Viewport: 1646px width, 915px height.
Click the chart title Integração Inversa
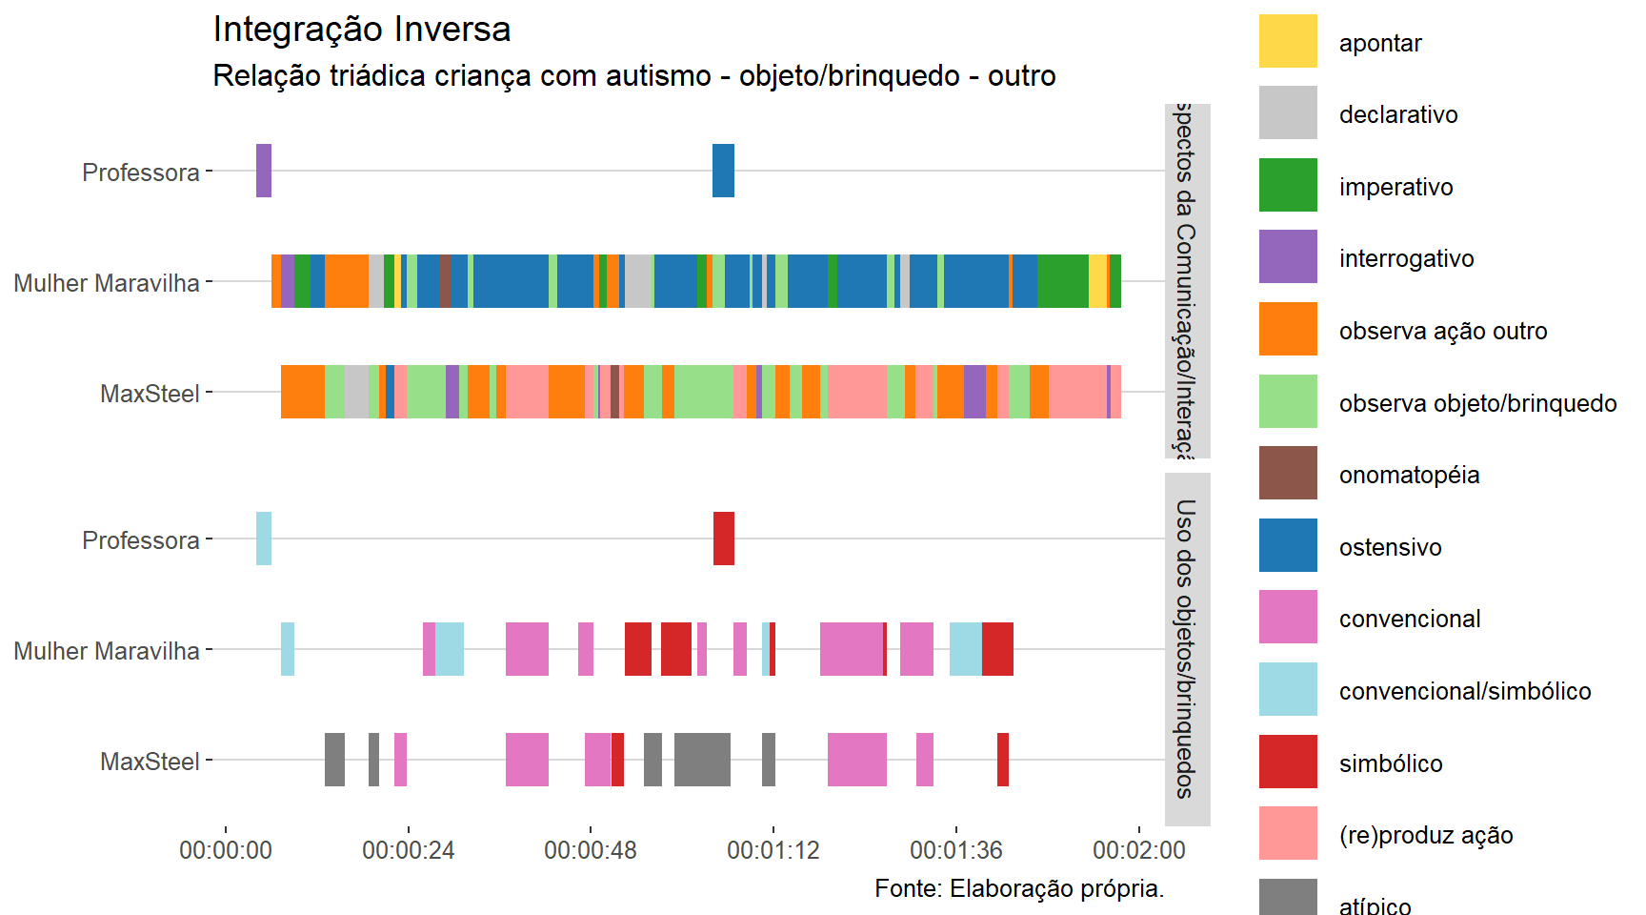pyautogui.click(x=362, y=30)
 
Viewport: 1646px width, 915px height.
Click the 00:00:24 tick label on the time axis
pyautogui.click(x=408, y=850)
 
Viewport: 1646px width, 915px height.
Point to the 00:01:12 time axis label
pyautogui.click(x=773, y=850)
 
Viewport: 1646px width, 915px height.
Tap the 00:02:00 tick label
pyautogui.click(x=1138, y=850)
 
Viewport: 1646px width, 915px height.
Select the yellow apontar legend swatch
pyautogui.click(x=1288, y=41)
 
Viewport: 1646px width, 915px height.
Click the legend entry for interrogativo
pyautogui.click(x=1406, y=258)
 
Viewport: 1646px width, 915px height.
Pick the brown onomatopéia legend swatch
pyautogui.click(x=1288, y=473)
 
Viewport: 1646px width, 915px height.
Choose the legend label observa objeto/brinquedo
pyautogui.click(x=1477, y=403)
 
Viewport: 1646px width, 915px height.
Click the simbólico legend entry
pyautogui.click(x=1390, y=763)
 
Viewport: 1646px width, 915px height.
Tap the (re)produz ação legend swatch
pyautogui.click(x=1288, y=833)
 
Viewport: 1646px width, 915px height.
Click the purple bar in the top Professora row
pyautogui.click(x=264, y=171)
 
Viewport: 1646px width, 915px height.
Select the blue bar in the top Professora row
pyautogui.click(x=723, y=171)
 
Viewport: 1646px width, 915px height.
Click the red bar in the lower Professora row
pyautogui.click(x=724, y=539)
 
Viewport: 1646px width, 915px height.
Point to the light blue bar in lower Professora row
pyautogui.click(x=264, y=539)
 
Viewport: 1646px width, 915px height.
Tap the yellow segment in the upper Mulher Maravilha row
pyautogui.click(x=1098, y=281)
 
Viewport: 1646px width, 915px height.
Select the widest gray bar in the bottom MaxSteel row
pyautogui.click(x=702, y=760)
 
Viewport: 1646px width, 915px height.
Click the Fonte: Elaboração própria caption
pyautogui.click(x=1019, y=888)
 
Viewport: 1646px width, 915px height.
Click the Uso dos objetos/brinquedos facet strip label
pyautogui.click(x=1187, y=648)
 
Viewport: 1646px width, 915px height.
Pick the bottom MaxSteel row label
pyautogui.click(x=150, y=762)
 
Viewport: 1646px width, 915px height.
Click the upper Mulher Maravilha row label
pyautogui.click(x=107, y=283)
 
